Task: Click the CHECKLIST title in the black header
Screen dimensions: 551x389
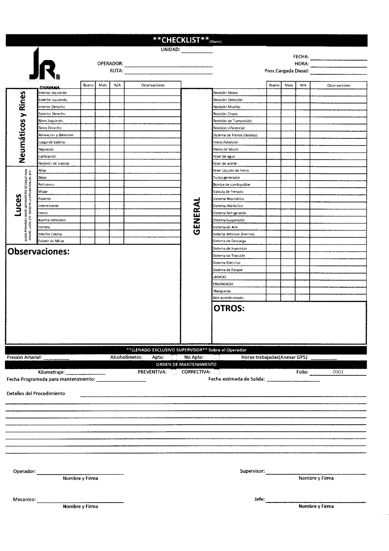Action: point(181,40)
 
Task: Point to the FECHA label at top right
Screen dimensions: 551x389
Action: point(301,57)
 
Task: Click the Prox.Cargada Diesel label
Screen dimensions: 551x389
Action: point(287,71)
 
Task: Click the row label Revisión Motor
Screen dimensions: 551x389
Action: point(226,93)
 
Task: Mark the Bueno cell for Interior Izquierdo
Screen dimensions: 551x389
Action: point(88,93)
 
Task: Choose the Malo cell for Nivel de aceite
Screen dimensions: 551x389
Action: point(288,163)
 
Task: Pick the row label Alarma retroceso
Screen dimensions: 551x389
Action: point(52,220)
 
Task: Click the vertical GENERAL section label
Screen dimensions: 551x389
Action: point(196,216)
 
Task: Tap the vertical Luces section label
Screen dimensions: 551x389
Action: point(18,205)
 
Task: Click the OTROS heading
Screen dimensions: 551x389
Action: point(229,309)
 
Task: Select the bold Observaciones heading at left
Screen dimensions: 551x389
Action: point(39,252)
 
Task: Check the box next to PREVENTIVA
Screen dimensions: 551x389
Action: point(174,372)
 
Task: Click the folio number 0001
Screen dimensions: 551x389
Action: point(338,372)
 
